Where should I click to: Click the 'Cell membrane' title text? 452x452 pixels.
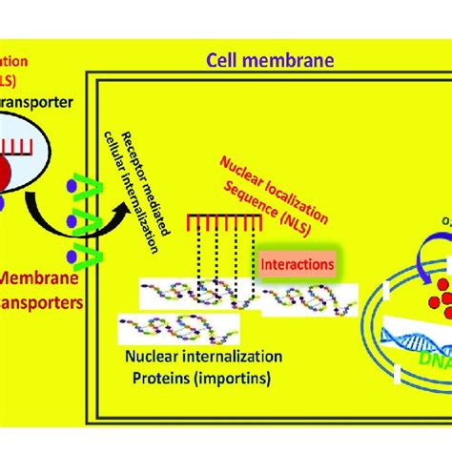click(270, 62)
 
